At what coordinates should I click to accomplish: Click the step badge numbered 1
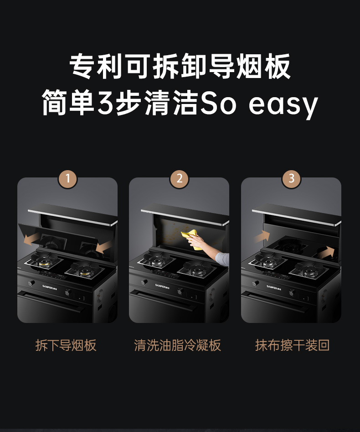68,178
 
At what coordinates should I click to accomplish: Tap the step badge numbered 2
179,178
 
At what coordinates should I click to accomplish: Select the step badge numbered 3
292,178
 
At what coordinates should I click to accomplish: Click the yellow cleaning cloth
191,239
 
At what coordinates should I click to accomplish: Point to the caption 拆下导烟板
66,345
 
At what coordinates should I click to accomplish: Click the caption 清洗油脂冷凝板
177,345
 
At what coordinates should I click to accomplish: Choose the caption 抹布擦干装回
292,345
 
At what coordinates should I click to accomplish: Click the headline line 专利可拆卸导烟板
180,67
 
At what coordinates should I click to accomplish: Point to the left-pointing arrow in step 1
31,239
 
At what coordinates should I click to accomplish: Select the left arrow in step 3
262,236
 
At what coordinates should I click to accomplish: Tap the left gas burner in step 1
44,261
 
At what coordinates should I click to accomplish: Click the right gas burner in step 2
197,269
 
